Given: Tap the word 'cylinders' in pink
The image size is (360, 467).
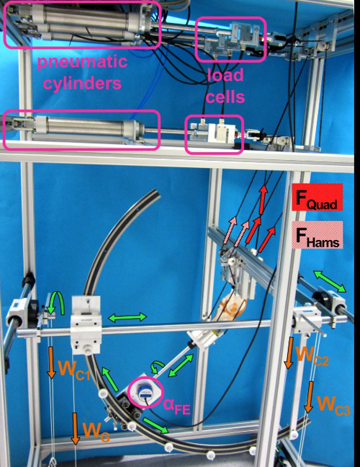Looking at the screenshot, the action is click(x=82, y=82).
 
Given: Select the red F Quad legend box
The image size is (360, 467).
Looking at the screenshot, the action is click(x=317, y=197).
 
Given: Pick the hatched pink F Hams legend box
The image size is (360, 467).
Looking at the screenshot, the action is click(x=317, y=235).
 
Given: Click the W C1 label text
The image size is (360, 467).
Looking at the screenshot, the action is click(x=74, y=369).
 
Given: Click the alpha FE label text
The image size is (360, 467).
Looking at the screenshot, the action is click(x=176, y=406).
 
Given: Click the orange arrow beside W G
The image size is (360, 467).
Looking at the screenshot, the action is click(x=76, y=429).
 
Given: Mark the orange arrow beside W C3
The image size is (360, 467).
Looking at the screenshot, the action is click(x=309, y=397).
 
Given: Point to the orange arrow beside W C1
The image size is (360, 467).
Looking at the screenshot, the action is click(x=51, y=363).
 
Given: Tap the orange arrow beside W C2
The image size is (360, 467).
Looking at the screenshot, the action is click(x=289, y=353).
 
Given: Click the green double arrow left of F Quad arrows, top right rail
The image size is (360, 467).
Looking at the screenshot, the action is click(x=330, y=282).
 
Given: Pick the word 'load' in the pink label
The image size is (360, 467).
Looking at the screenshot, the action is click(x=225, y=75).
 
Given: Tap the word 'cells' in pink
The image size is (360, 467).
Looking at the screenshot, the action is click(x=225, y=96).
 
